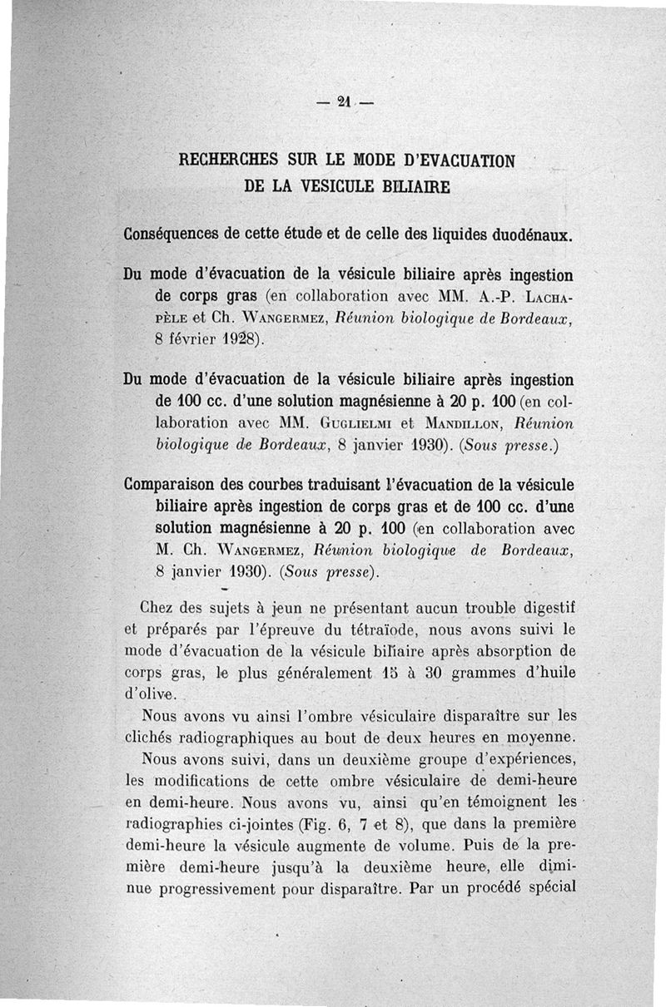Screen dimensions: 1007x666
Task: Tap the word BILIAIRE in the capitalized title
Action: [409, 186]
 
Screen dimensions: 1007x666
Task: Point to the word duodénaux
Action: [527, 234]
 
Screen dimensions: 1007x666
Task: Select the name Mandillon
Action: [460, 422]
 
